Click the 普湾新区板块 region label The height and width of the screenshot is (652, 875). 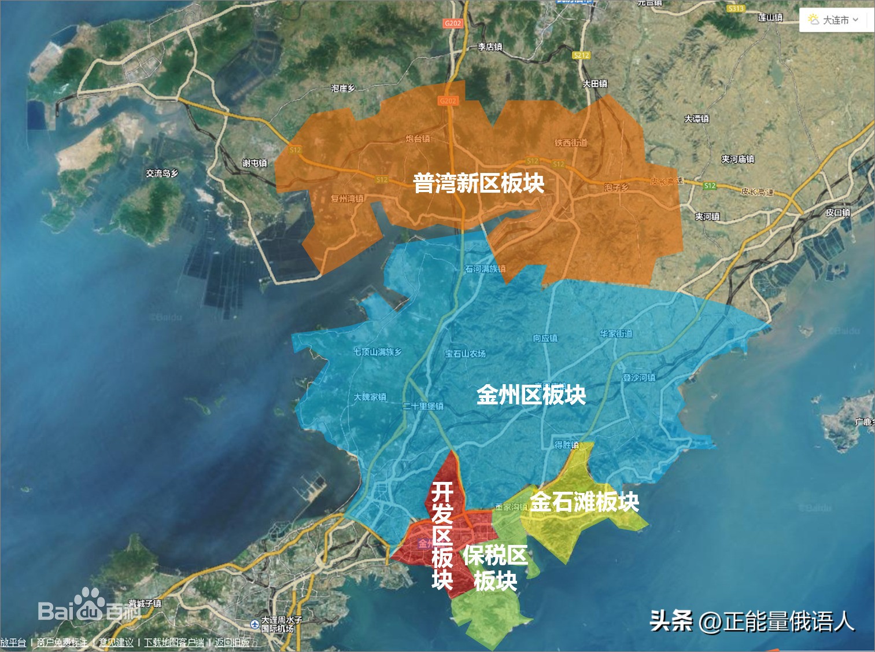[478, 183]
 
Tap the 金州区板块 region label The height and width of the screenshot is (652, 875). [531, 395]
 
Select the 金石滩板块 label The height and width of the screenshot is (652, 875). [584, 502]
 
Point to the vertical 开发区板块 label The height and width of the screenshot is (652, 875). [442, 536]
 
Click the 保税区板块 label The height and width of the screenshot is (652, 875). [495, 568]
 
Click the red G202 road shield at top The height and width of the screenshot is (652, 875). [453, 23]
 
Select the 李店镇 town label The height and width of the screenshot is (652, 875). [490, 47]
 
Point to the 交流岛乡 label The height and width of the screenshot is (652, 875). [162, 173]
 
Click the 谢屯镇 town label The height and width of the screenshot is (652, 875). [254, 163]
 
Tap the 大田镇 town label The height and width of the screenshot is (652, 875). [595, 84]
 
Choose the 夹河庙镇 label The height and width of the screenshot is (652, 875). [737, 159]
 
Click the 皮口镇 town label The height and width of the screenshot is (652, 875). [837, 212]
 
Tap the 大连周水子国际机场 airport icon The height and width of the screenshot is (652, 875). [254, 624]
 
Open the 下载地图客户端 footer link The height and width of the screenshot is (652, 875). [173, 642]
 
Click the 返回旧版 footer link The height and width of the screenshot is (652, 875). [232, 642]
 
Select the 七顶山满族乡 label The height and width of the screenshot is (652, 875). [377, 352]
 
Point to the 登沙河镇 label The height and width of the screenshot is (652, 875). [638, 377]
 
